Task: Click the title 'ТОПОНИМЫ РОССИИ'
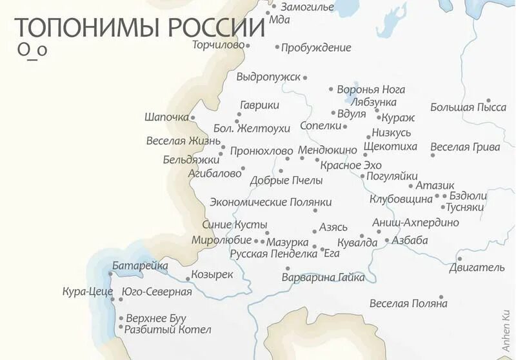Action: click(x=139, y=29)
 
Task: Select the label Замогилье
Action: click(x=307, y=7)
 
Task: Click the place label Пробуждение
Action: click(x=317, y=47)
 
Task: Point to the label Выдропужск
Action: click(x=268, y=77)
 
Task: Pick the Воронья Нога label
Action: click(x=371, y=90)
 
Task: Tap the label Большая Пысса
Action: click(x=468, y=107)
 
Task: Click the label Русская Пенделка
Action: click(x=273, y=254)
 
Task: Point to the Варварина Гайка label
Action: click(x=323, y=277)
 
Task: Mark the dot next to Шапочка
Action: click(x=192, y=117)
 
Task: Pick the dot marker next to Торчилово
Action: click(x=248, y=45)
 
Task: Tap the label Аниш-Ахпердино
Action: click(x=416, y=223)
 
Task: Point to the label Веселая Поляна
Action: click(x=408, y=303)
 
